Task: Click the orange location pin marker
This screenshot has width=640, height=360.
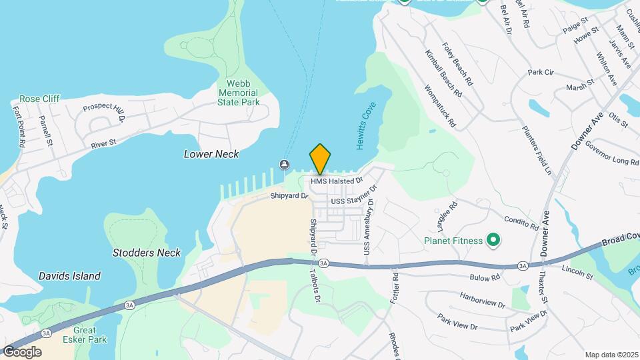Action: click(320, 159)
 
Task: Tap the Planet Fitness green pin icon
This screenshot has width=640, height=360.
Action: click(493, 239)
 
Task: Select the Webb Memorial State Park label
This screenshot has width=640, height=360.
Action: click(238, 93)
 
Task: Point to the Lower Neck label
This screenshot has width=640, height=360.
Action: click(211, 154)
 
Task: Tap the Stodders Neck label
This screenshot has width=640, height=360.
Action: click(146, 253)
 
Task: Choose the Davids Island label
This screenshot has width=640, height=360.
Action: click(69, 276)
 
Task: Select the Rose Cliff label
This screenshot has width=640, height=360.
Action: click(39, 99)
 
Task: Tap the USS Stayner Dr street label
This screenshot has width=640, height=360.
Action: click(353, 201)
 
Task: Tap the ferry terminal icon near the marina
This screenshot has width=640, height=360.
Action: click(285, 165)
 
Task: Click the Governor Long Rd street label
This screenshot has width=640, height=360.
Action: click(612, 153)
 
